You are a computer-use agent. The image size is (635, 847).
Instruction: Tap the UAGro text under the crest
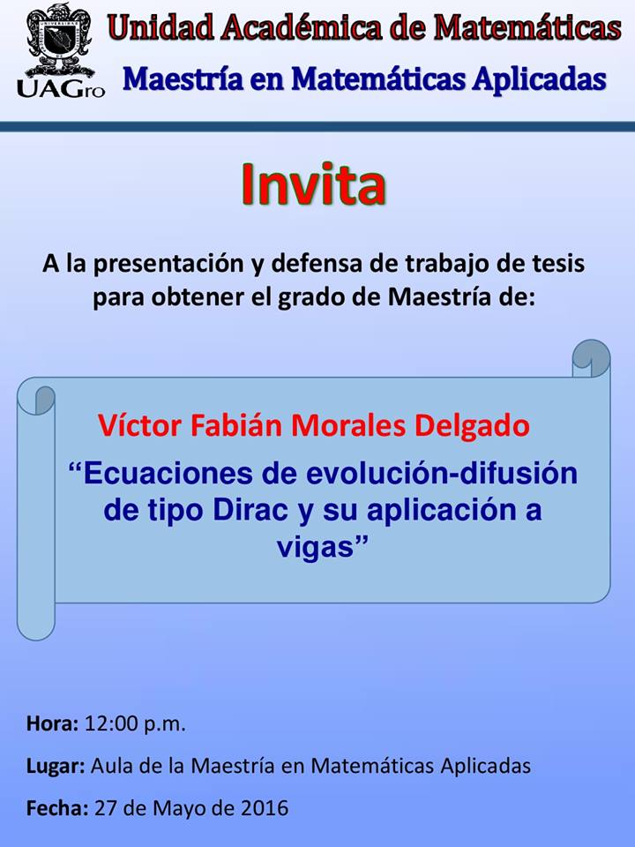[61, 89]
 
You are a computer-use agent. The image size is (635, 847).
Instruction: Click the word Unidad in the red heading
[161, 27]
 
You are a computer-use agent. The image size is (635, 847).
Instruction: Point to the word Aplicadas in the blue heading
[540, 80]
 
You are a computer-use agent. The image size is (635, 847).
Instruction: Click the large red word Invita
[314, 184]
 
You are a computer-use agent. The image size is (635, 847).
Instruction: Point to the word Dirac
[250, 510]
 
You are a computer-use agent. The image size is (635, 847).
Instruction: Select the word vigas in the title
[316, 547]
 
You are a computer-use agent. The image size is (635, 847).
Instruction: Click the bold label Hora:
[53, 723]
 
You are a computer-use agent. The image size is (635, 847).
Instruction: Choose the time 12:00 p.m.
[135, 723]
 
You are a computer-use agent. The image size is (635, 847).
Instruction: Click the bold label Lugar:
[56, 767]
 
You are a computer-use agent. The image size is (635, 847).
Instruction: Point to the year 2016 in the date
[265, 808]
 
